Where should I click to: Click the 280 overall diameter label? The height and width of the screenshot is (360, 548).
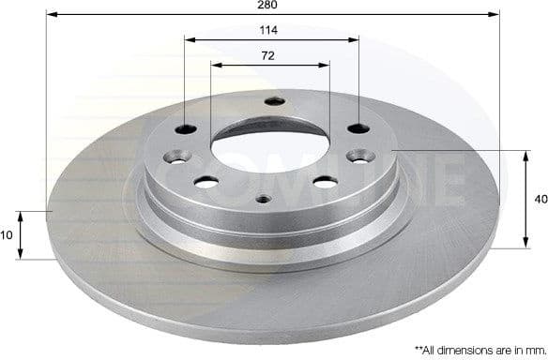[x=271, y=6]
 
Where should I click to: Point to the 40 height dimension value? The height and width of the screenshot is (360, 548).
[x=539, y=199]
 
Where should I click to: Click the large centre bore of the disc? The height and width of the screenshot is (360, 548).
[x=270, y=150]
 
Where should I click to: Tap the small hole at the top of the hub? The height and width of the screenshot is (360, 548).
[x=274, y=102]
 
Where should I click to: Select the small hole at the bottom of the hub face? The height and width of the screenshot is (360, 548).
[x=263, y=198]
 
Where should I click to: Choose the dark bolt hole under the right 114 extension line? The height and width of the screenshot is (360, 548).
[x=357, y=128]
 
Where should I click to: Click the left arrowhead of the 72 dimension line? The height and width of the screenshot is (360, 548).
[x=215, y=65]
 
